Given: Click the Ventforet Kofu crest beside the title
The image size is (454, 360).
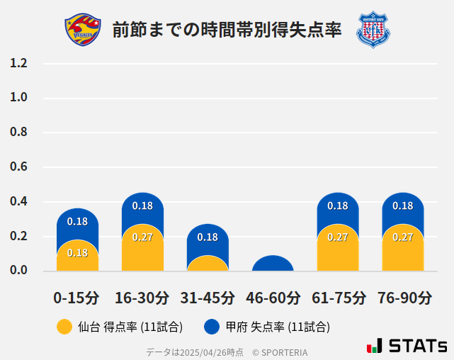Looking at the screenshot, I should tap(373, 30).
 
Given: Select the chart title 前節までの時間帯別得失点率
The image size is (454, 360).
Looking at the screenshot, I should tap(227, 30).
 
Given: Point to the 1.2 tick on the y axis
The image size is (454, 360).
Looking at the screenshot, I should tap(19, 63).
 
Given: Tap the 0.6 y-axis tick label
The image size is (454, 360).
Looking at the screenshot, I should tap(19, 167).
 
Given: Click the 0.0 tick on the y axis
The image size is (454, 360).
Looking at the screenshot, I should tap(19, 271).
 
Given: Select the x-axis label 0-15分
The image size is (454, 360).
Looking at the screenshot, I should tap(76, 297).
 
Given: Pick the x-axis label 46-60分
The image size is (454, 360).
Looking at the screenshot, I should tap(273, 297).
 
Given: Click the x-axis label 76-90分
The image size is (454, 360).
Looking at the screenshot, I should tap(403, 297).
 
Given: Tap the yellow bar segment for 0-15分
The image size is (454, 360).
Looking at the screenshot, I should tap(77, 257).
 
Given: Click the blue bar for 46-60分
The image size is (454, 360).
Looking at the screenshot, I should tap(273, 264).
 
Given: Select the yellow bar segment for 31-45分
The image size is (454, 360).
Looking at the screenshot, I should tap(208, 264).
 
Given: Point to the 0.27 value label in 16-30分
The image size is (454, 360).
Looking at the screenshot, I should tap(142, 237).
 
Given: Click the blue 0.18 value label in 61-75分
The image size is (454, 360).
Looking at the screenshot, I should tap(338, 206).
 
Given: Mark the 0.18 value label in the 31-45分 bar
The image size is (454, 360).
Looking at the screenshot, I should tap(208, 237).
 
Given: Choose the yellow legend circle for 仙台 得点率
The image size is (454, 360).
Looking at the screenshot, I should tap(64, 327).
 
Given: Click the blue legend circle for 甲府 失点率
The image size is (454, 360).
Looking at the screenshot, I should tap(211, 327).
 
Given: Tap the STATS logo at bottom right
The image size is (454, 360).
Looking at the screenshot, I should tap(407, 346).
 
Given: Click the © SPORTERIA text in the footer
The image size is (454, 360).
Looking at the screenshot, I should tap(280, 352).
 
